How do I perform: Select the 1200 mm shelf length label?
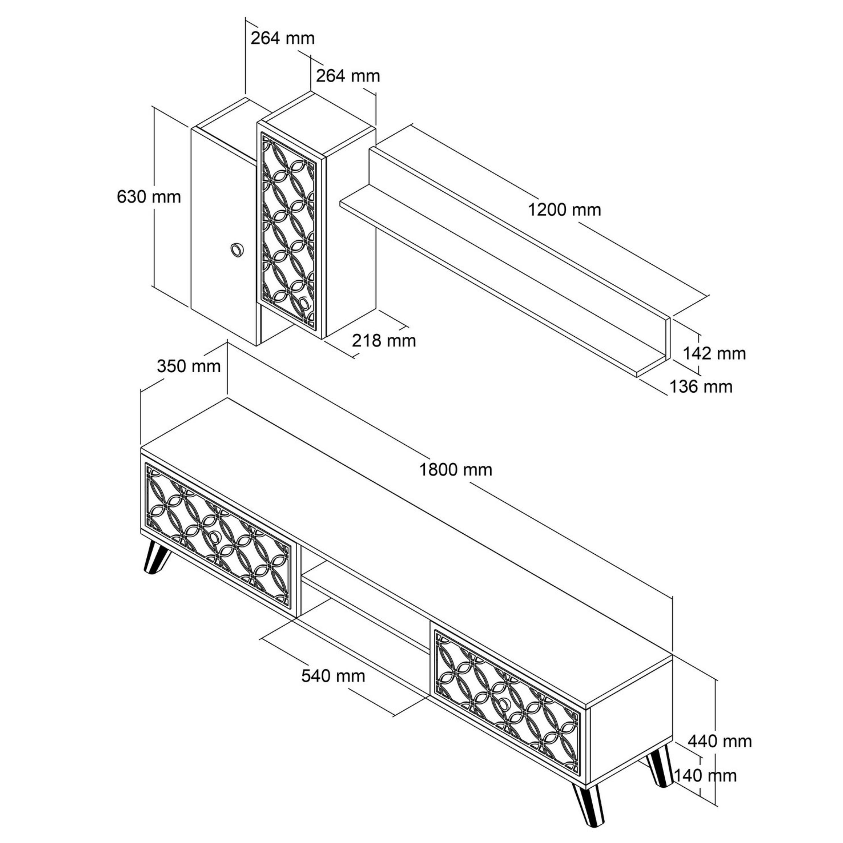pyautogui.click(x=564, y=210)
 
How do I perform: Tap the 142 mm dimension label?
pyautogui.click(x=714, y=353)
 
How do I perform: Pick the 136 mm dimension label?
pyautogui.click(x=701, y=387)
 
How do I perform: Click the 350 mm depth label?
pyautogui.click(x=189, y=366)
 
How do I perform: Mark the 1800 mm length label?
pyautogui.click(x=456, y=470)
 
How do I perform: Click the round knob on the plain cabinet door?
pyautogui.click(x=237, y=250)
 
